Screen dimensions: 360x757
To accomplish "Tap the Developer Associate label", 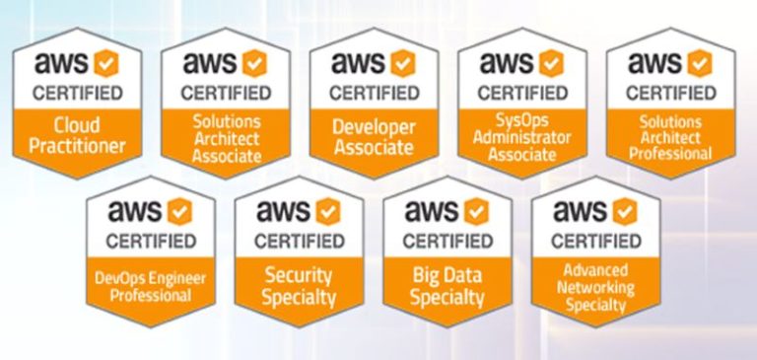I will tap(372, 136).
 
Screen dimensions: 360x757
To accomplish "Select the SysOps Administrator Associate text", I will tap(519, 136).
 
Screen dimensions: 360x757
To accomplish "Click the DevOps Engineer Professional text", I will tap(150, 286).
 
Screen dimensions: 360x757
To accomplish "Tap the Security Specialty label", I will tap(298, 286).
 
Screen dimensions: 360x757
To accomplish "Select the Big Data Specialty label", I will tap(446, 286).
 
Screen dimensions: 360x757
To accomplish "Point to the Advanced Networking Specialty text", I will tap(593, 286).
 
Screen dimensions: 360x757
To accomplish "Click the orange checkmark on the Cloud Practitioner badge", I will tap(106, 63).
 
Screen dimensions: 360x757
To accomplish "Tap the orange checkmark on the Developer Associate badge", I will tap(402, 63).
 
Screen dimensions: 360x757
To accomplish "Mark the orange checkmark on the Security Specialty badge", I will tap(327, 210).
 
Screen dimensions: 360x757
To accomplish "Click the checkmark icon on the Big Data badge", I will tap(476, 210).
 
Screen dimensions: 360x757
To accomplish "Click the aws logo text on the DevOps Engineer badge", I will tap(135, 210).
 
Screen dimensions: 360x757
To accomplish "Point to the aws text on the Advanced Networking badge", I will tap(580, 210).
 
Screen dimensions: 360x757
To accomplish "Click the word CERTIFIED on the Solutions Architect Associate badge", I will tap(224, 95).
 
